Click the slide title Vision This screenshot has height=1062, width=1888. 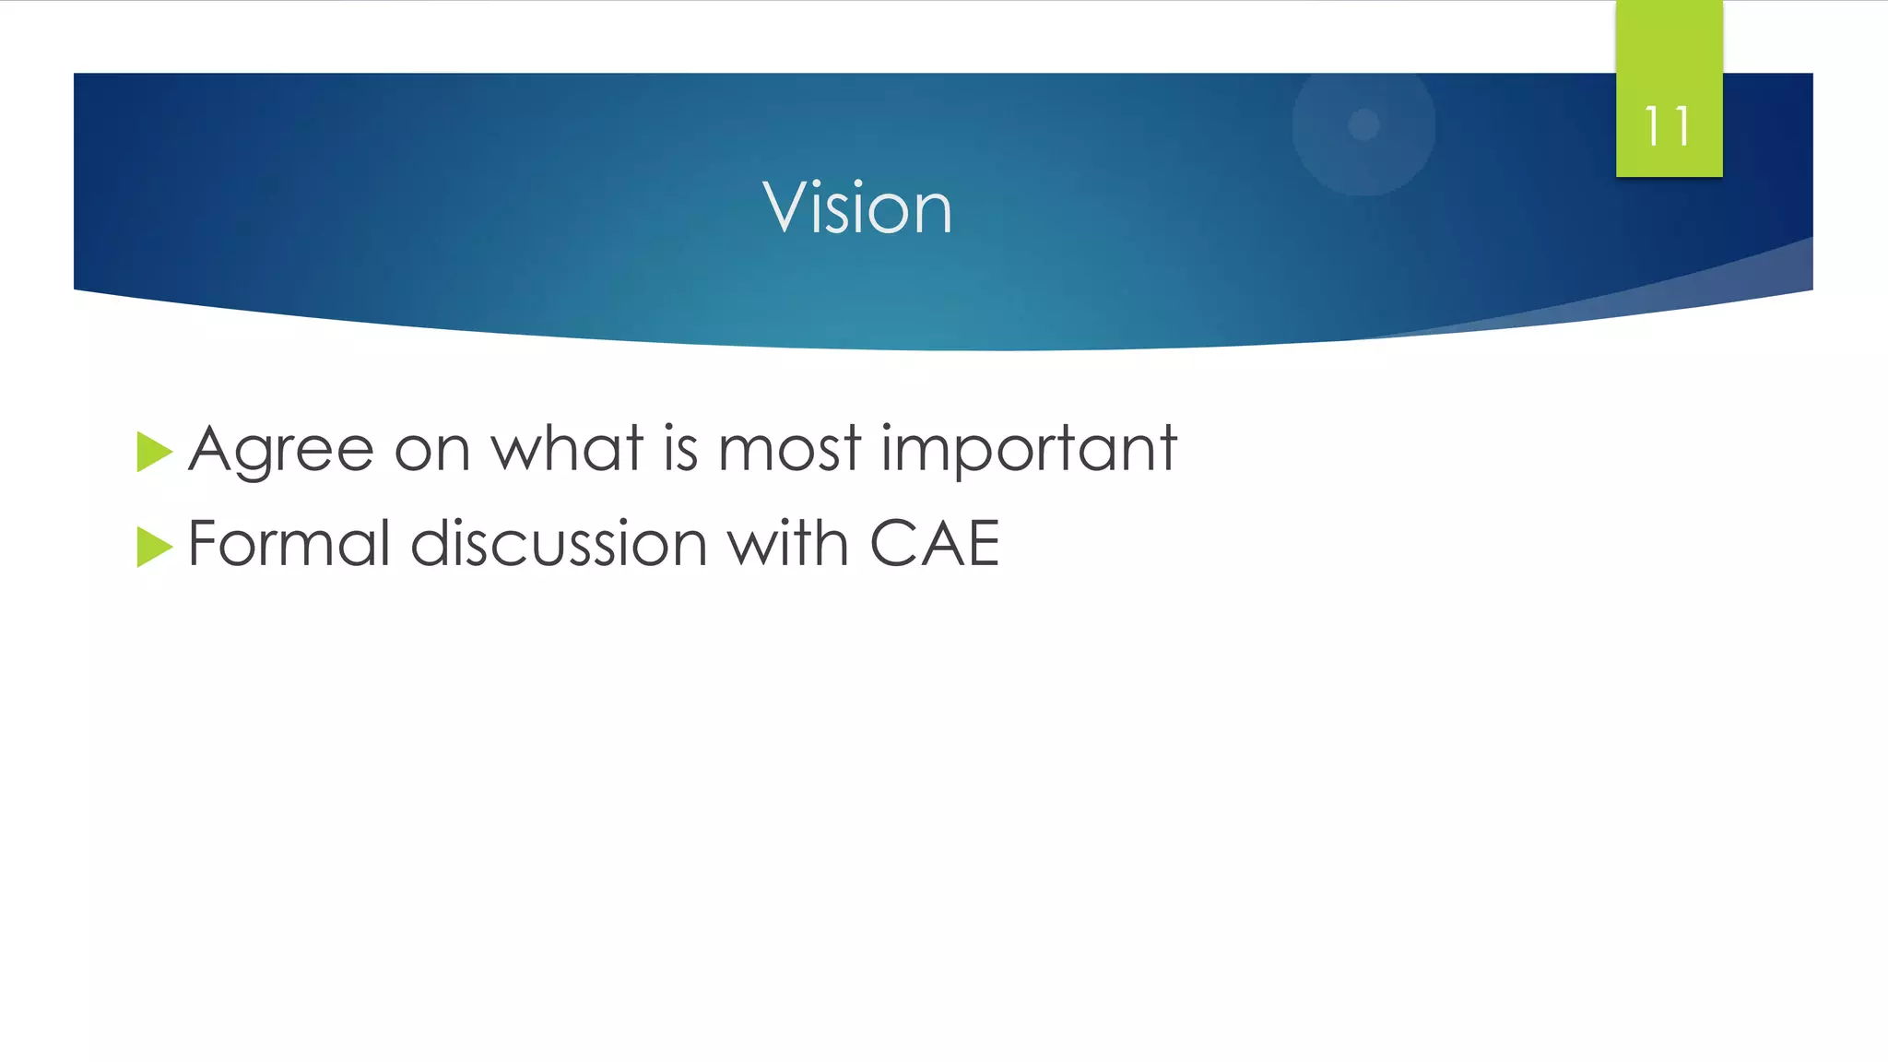[857, 208]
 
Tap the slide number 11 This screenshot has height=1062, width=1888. [1668, 127]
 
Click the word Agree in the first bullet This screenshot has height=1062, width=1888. [281, 450]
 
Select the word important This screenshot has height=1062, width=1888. [1029, 450]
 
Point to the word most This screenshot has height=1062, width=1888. [789, 450]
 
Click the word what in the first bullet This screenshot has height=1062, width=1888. [566, 449]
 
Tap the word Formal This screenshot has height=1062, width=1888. [289, 543]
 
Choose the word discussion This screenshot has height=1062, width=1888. [559, 543]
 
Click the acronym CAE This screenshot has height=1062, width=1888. [934, 543]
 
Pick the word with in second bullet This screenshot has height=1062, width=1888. [788, 543]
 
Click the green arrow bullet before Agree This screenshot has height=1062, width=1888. [153, 452]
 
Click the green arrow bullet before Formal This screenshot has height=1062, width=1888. [153, 547]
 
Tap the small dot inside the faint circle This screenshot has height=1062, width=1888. [1363, 124]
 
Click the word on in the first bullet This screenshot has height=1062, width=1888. [431, 451]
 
